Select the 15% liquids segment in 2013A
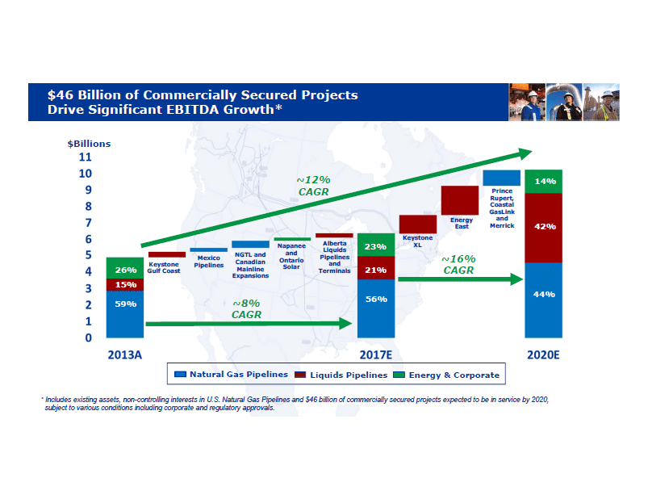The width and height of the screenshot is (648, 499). click(125, 284)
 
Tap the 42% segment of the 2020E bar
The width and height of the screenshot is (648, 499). click(544, 228)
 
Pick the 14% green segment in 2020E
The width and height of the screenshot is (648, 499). click(544, 182)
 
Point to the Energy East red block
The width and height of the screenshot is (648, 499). click(460, 200)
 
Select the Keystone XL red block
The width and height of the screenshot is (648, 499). click(418, 224)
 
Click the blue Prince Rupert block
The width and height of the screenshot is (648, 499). click(501, 178)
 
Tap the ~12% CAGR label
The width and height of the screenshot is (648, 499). click(313, 185)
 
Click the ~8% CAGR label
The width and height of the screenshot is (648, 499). click(246, 308)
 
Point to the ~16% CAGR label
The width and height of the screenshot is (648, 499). click(458, 265)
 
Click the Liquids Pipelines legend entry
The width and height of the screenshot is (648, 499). click(338, 375)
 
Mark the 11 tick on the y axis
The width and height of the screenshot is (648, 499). click(85, 157)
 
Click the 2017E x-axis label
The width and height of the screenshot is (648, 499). click(375, 354)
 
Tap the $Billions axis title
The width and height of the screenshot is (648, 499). click(89, 144)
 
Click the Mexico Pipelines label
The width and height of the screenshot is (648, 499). click(209, 262)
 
